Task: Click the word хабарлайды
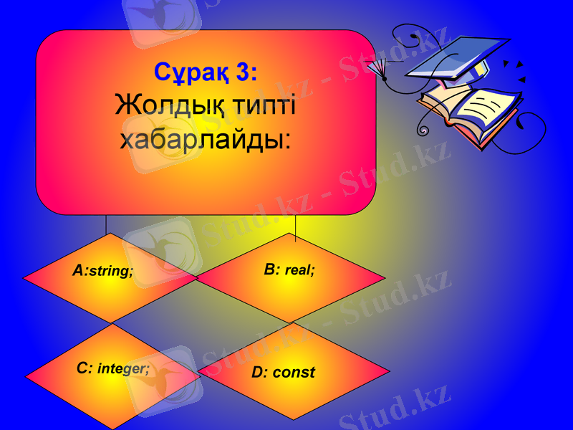coord(206,138)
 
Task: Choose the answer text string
coord(111,272)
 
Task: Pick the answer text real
coord(300,271)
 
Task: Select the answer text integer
coord(124,369)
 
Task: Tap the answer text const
coord(294,373)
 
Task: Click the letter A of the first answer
coord(78,270)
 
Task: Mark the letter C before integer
coord(84,368)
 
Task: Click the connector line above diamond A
coord(106,224)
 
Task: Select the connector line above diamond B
coord(296,224)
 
